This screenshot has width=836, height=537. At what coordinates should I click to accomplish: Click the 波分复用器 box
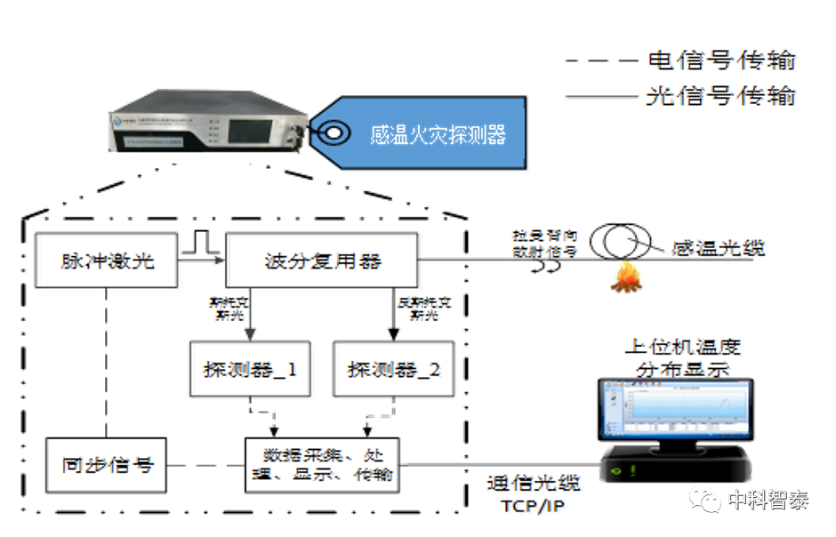pyautogui.click(x=323, y=260)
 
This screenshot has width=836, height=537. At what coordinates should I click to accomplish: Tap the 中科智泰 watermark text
pyautogui.click(x=768, y=500)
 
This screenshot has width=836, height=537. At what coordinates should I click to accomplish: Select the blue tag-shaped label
pyautogui.click(x=427, y=134)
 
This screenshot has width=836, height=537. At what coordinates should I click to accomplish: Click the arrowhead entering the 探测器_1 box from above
pyautogui.click(x=252, y=334)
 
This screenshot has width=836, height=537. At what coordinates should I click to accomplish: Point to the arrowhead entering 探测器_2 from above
pyautogui.click(x=389, y=334)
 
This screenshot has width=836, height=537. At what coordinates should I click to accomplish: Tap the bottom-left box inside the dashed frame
pyautogui.click(x=107, y=465)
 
